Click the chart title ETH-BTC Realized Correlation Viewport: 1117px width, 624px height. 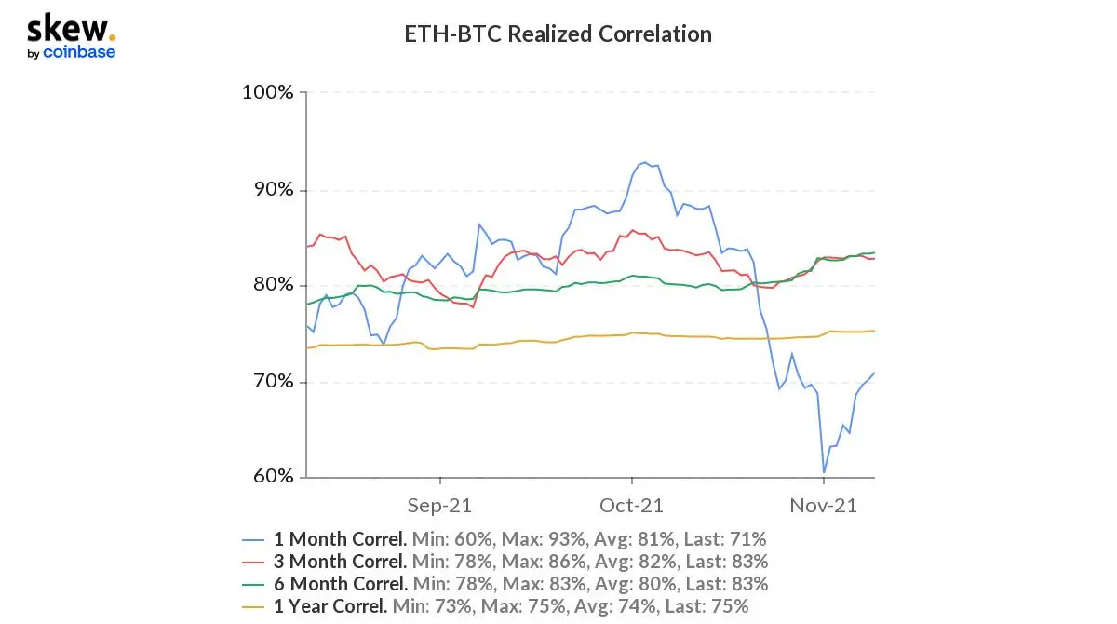point(558,34)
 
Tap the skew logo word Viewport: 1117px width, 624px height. point(67,28)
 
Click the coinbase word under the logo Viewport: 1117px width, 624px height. point(79,52)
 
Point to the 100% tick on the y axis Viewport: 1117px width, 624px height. point(267,92)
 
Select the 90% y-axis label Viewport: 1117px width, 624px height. point(274,190)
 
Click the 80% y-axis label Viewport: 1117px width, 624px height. point(274,284)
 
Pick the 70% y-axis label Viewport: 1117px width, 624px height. point(274,382)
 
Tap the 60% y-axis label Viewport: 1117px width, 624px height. point(274,476)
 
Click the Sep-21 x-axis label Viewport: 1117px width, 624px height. point(439,506)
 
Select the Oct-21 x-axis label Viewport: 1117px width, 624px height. point(631,506)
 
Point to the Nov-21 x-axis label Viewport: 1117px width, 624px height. point(823,506)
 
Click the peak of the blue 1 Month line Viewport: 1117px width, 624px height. point(644,162)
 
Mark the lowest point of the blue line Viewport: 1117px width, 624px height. point(824,472)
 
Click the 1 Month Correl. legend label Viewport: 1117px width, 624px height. point(340,539)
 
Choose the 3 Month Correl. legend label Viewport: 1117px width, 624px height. point(340,562)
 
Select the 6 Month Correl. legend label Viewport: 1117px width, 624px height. point(341,584)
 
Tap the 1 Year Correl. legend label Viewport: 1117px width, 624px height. point(330,606)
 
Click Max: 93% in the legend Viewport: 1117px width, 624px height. point(543,539)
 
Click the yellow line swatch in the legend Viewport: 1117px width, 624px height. point(253,607)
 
